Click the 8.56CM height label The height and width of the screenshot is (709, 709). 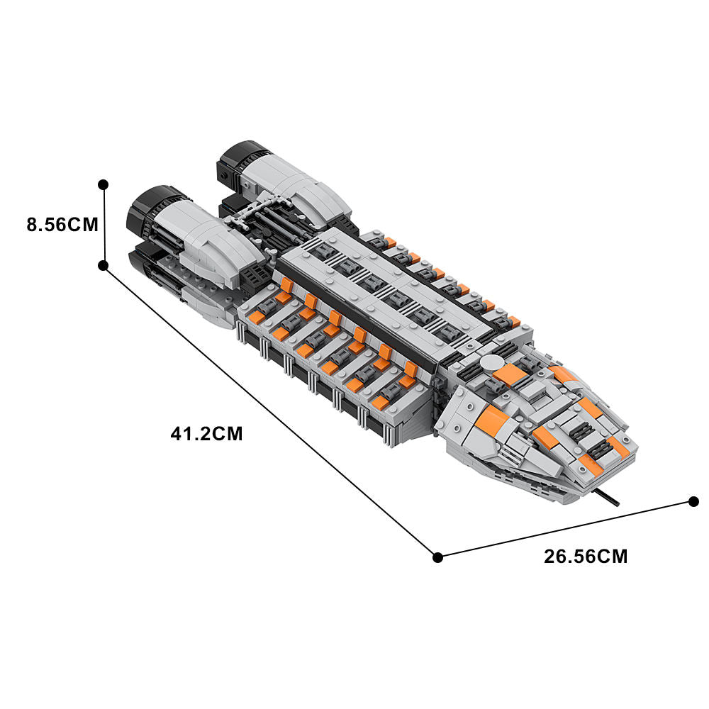(x=62, y=225)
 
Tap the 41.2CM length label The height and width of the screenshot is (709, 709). (x=206, y=434)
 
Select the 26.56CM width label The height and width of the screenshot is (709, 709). (x=586, y=556)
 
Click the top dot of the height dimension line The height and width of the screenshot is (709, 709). (x=104, y=184)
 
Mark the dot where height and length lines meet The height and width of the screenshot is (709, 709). (x=104, y=265)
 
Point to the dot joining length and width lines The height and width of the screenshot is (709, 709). (x=437, y=557)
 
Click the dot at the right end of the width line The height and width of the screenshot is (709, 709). (x=694, y=501)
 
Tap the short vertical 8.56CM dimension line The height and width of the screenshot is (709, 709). (x=104, y=225)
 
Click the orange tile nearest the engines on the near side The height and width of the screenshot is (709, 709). (x=286, y=285)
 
